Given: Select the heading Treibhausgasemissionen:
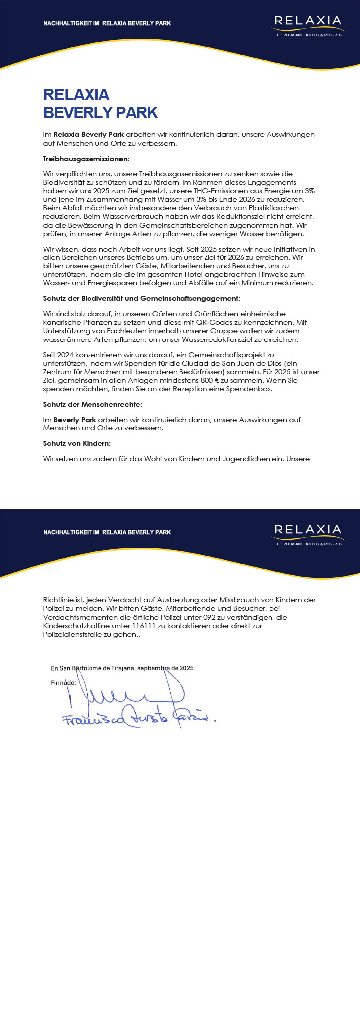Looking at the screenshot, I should click(x=86, y=159).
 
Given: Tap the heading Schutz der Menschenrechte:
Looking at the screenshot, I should click(x=92, y=405).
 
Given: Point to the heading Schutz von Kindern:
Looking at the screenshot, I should click(x=77, y=443).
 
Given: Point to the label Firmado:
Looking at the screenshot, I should click(x=64, y=682).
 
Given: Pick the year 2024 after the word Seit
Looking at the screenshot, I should click(x=64, y=355).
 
